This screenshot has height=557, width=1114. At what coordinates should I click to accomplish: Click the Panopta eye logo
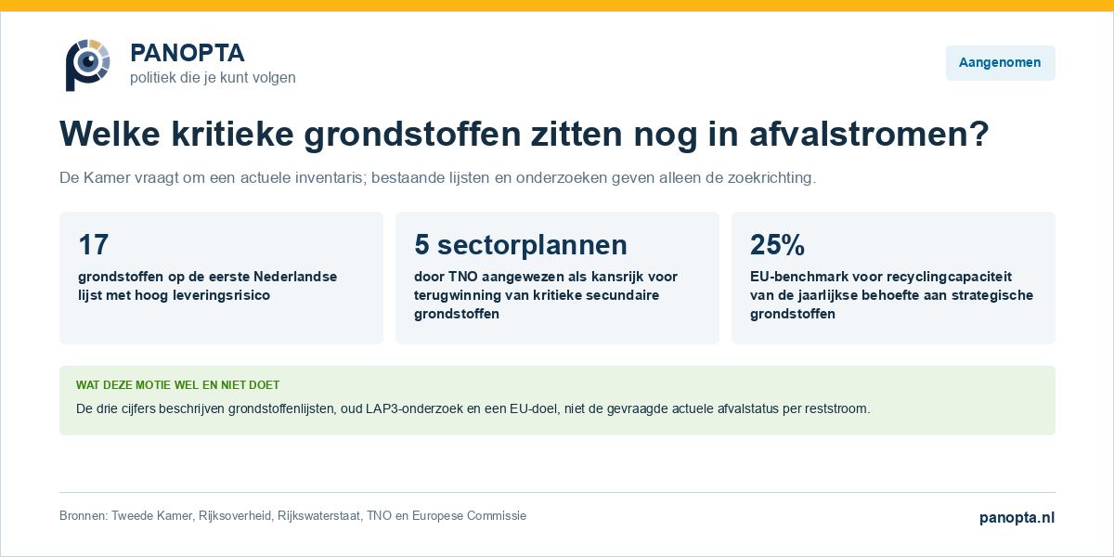[x=87, y=65]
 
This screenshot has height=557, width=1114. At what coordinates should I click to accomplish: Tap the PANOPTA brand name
[x=187, y=53]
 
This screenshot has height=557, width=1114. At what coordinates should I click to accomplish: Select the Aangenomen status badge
[x=1000, y=63]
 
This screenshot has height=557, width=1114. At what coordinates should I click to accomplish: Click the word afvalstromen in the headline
[x=869, y=134]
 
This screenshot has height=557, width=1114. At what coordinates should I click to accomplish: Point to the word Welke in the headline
[x=110, y=134]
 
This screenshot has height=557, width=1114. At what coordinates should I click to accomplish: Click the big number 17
[x=93, y=245]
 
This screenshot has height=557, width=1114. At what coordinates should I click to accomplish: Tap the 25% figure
[x=777, y=245]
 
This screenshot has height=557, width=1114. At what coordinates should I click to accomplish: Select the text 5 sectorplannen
[x=521, y=245]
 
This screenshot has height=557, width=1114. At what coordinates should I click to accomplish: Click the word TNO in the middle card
[x=463, y=277]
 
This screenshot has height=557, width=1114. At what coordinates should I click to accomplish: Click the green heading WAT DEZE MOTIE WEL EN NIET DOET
[x=177, y=385]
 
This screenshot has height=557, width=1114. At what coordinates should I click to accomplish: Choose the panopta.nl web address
[x=1017, y=518]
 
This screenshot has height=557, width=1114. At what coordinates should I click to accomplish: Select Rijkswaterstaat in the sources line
[x=318, y=516]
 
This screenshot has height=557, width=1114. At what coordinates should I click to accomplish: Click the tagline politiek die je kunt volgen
[x=213, y=78]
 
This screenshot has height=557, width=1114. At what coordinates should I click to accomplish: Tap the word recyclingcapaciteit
[x=933, y=277]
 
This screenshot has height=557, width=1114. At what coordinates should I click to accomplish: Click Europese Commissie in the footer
[x=469, y=516]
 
